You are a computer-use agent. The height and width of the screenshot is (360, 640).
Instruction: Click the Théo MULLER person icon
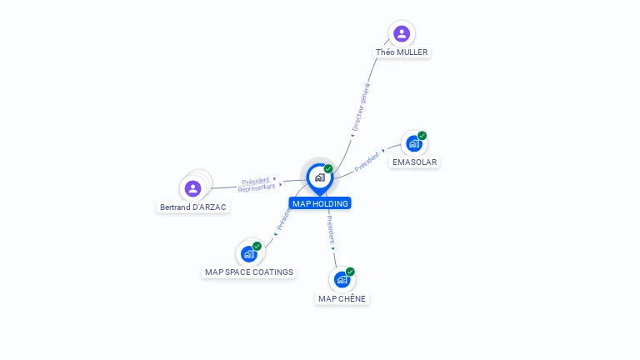pyautogui.click(x=402, y=33)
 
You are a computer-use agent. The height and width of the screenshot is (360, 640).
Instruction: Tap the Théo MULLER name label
pyautogui.click(x=402, y=52)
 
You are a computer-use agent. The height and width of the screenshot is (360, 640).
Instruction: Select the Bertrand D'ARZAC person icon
pyautogui.click(x=193, y=188)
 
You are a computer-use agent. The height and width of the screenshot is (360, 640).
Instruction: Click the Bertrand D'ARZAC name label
pyautogui.click(x=192, y=207)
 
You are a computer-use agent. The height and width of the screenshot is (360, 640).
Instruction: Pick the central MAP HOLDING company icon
pyautogui.click(x=319, y=177)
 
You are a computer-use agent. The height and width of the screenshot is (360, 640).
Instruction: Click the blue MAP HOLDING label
pyautogui.click(x=320, y=203)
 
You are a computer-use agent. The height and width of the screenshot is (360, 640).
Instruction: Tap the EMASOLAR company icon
pyautogui.click(x=414, y=143)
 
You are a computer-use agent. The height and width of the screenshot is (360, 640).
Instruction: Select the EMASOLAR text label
pyautogui.click(x=414, y=162)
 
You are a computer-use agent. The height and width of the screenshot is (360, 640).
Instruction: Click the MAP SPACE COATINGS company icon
pyautogui.click(x=249, y=253)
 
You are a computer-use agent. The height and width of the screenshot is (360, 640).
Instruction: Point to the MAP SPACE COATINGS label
pyautogui.click(x=249, y=272)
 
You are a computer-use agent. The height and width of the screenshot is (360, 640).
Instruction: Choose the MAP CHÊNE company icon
pyautogui.click(x=342, y=280)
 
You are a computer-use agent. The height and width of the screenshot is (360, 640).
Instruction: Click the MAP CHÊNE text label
pyautogui.click(x=342, y=299)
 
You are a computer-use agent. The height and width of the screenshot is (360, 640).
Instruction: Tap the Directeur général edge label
pyautogui.click(x=361, y=107)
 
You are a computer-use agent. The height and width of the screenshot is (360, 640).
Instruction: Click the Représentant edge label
pyautogui.click(x=256, y=188)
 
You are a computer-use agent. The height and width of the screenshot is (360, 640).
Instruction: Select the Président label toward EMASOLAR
pyautogui.click(x=367, y=162)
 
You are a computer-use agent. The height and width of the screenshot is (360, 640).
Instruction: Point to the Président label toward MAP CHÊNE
pyautogui.click(x=331, y=229)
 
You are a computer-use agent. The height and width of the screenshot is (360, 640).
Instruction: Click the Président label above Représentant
pyautogui.click(x=256, y=181)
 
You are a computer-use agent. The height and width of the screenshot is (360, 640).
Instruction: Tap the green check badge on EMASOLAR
pyautogui.click(x=422, y=136)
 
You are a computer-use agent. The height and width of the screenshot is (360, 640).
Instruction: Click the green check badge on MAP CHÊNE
pyautogui.click(x=350, y=272)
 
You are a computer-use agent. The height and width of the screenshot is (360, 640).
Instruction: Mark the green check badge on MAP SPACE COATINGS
pyautogui.click(x=257, y=246)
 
